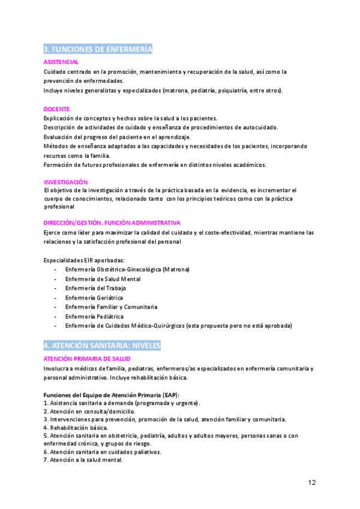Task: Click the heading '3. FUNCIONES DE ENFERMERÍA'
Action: point(98,49)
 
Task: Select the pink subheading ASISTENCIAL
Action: point(61,62)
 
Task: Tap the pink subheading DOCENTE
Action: point(56,109)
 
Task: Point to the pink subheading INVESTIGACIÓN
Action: point(66,181)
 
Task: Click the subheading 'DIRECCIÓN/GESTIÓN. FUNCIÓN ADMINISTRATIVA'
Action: point(112,222)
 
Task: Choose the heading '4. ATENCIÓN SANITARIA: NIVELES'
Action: point(101,346)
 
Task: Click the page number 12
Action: point(312,482)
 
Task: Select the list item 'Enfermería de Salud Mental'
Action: point(103,279)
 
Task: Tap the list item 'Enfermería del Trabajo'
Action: point(96,288)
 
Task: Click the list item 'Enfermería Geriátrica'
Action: point(94,298)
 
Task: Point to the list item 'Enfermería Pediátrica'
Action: point(94,316)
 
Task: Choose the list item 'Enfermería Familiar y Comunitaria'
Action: point(111,307)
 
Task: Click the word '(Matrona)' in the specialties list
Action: point(176,270)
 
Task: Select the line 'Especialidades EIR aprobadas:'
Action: point(84,260)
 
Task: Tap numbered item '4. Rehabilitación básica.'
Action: point(76,427)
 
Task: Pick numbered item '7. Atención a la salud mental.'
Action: point(83,460)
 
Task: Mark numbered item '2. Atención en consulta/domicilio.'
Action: point(89,411)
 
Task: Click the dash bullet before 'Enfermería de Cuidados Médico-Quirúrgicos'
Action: point(55,325)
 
